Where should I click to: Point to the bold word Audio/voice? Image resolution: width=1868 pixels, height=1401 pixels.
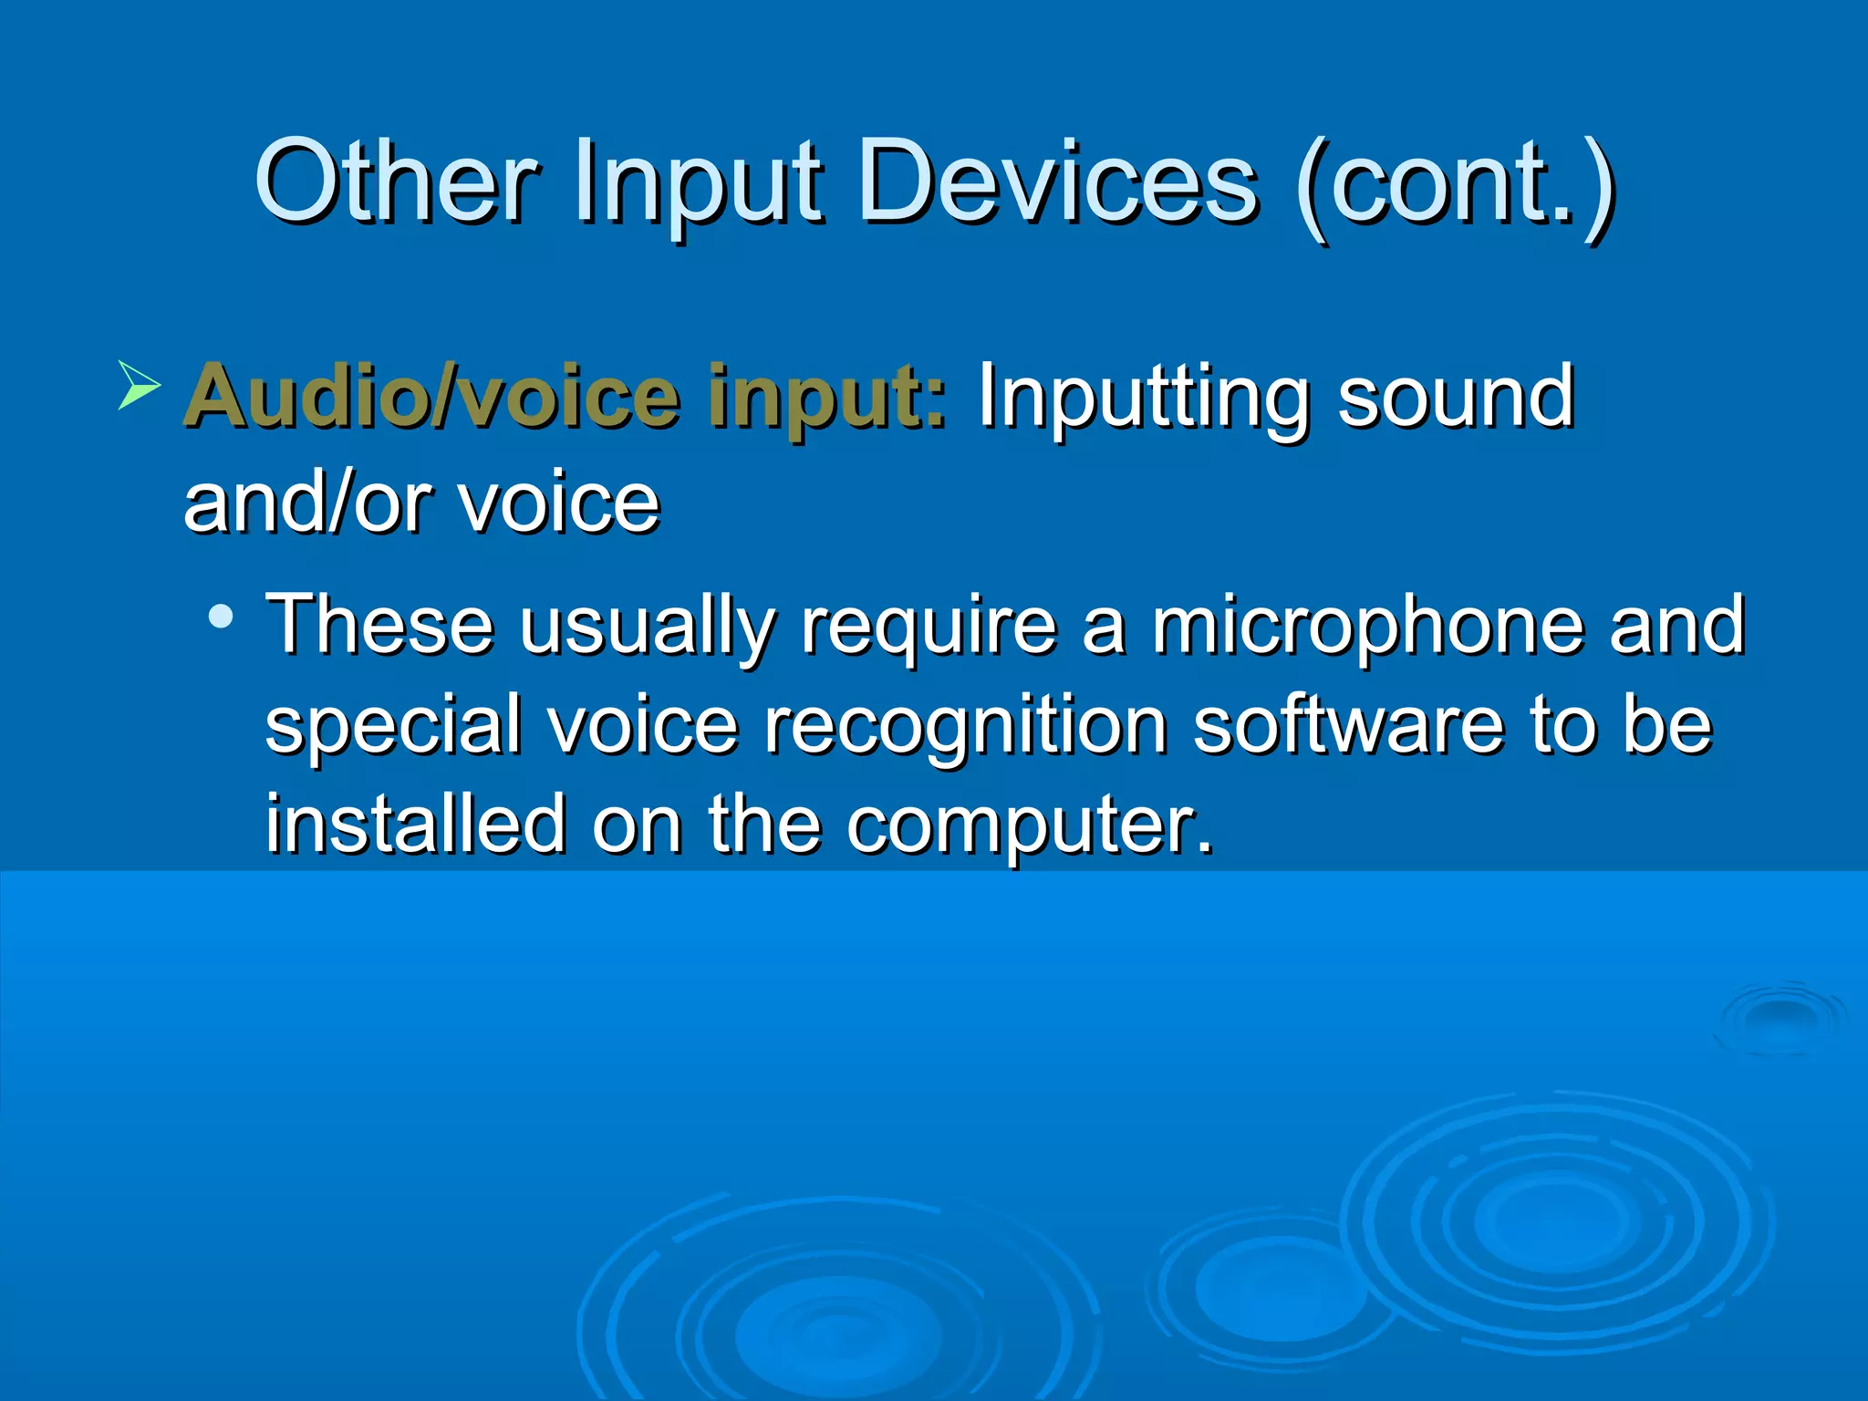(432, 397)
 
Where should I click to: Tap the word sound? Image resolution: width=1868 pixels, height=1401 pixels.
(1456, 397)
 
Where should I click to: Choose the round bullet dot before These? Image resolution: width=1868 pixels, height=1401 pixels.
(220, 617)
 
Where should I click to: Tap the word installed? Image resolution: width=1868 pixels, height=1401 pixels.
(415, 824)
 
